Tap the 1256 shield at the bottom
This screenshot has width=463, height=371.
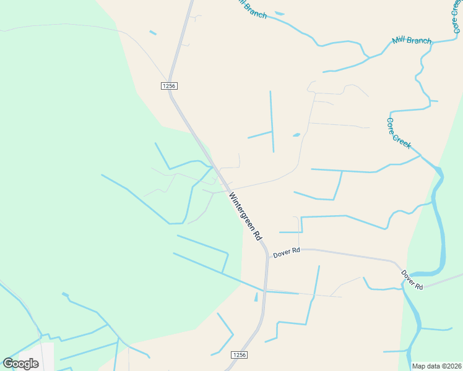click(x=240, y=355)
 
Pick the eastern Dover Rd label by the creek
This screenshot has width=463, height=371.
click(x=411, y=279)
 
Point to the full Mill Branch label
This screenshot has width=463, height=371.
click(x=411, y=41)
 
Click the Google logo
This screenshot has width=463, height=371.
click(x=20, y=364)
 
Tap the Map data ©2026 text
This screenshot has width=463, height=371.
click(x=436, y=366)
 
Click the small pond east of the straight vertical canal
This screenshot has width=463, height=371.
click(x=296, y=135)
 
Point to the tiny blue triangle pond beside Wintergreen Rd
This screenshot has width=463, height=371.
click(x=256, y=297)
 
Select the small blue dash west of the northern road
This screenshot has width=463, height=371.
click(x=153, y=32)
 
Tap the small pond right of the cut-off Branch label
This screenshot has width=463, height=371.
click(x=279, y=13)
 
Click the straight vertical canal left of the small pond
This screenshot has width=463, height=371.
click(x=272, y=121)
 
